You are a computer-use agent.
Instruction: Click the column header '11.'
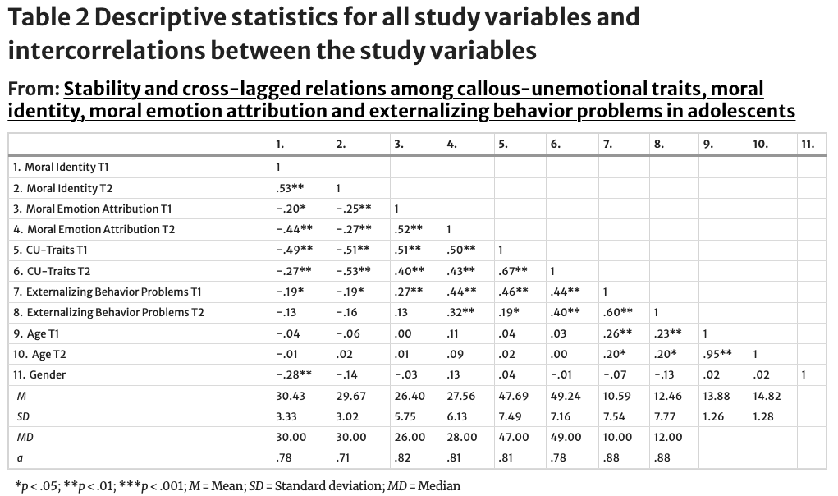[808, 144]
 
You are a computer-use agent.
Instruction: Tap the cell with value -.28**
[293, 374]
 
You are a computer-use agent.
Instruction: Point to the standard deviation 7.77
[665, 416]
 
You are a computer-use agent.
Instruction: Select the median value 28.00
[460, 437]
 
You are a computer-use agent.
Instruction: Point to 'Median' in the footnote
[439, 485]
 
